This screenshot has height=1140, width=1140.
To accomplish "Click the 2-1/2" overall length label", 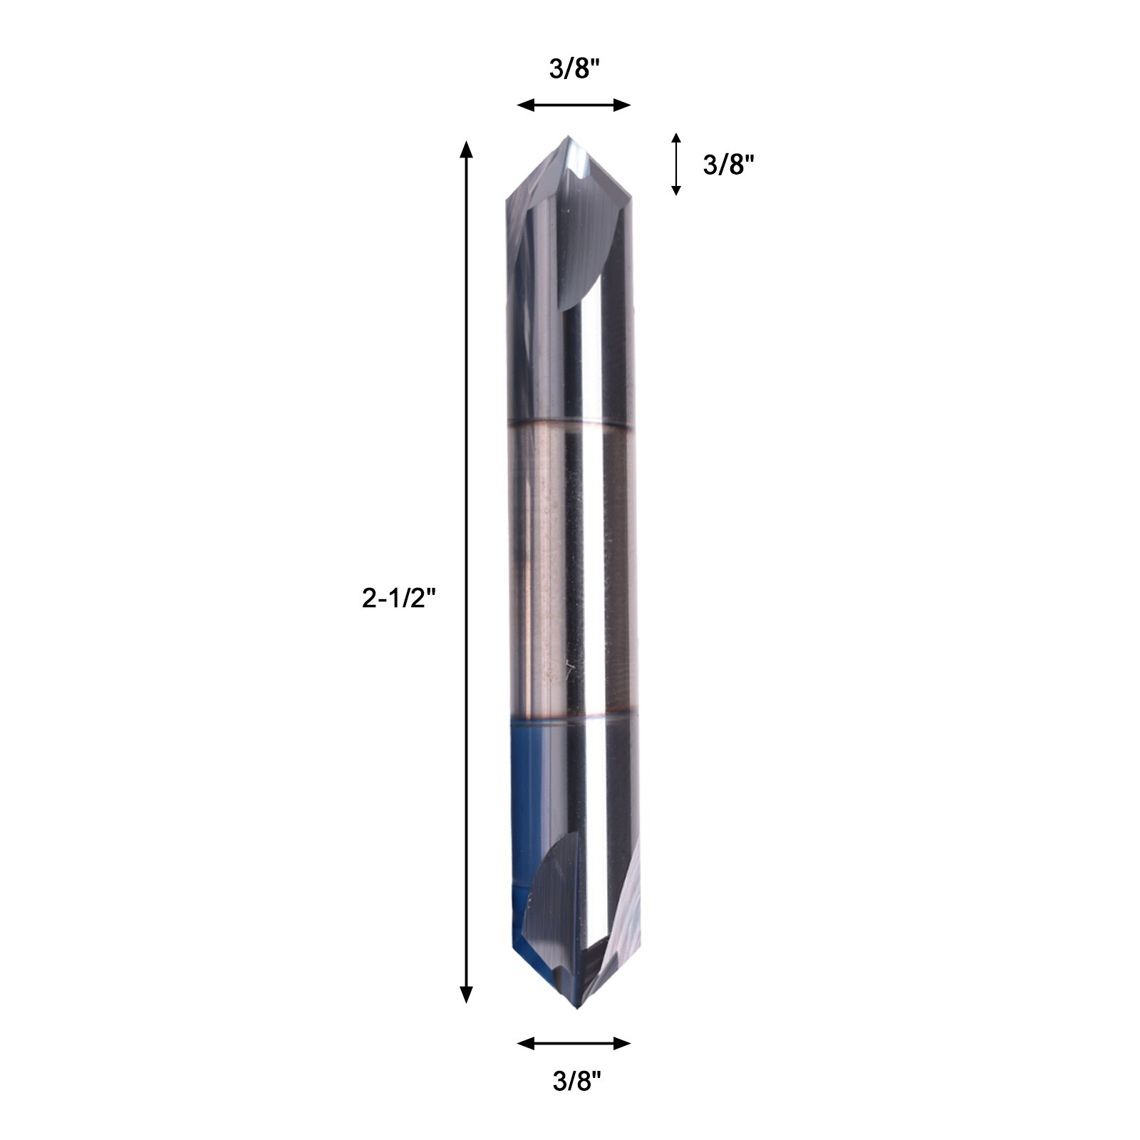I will (398, 598).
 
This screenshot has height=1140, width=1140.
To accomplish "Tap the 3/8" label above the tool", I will (574, 69).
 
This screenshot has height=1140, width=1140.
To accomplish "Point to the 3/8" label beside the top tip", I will (728, 165).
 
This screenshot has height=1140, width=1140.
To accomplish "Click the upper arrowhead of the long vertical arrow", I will (466, 150).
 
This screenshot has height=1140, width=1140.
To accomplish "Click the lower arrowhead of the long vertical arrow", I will (466, 994).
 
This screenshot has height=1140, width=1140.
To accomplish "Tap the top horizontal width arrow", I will (574, 105).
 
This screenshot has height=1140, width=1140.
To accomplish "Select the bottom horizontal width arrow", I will (574, 1044).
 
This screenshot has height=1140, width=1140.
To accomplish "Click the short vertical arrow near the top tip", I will (676, 164).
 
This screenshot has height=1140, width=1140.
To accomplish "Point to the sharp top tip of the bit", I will (568, 137).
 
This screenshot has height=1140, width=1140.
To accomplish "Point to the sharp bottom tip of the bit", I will (576, 1010).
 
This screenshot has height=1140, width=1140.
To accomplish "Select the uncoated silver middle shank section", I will (570, 570).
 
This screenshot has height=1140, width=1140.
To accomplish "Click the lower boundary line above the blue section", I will (570, 716).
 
